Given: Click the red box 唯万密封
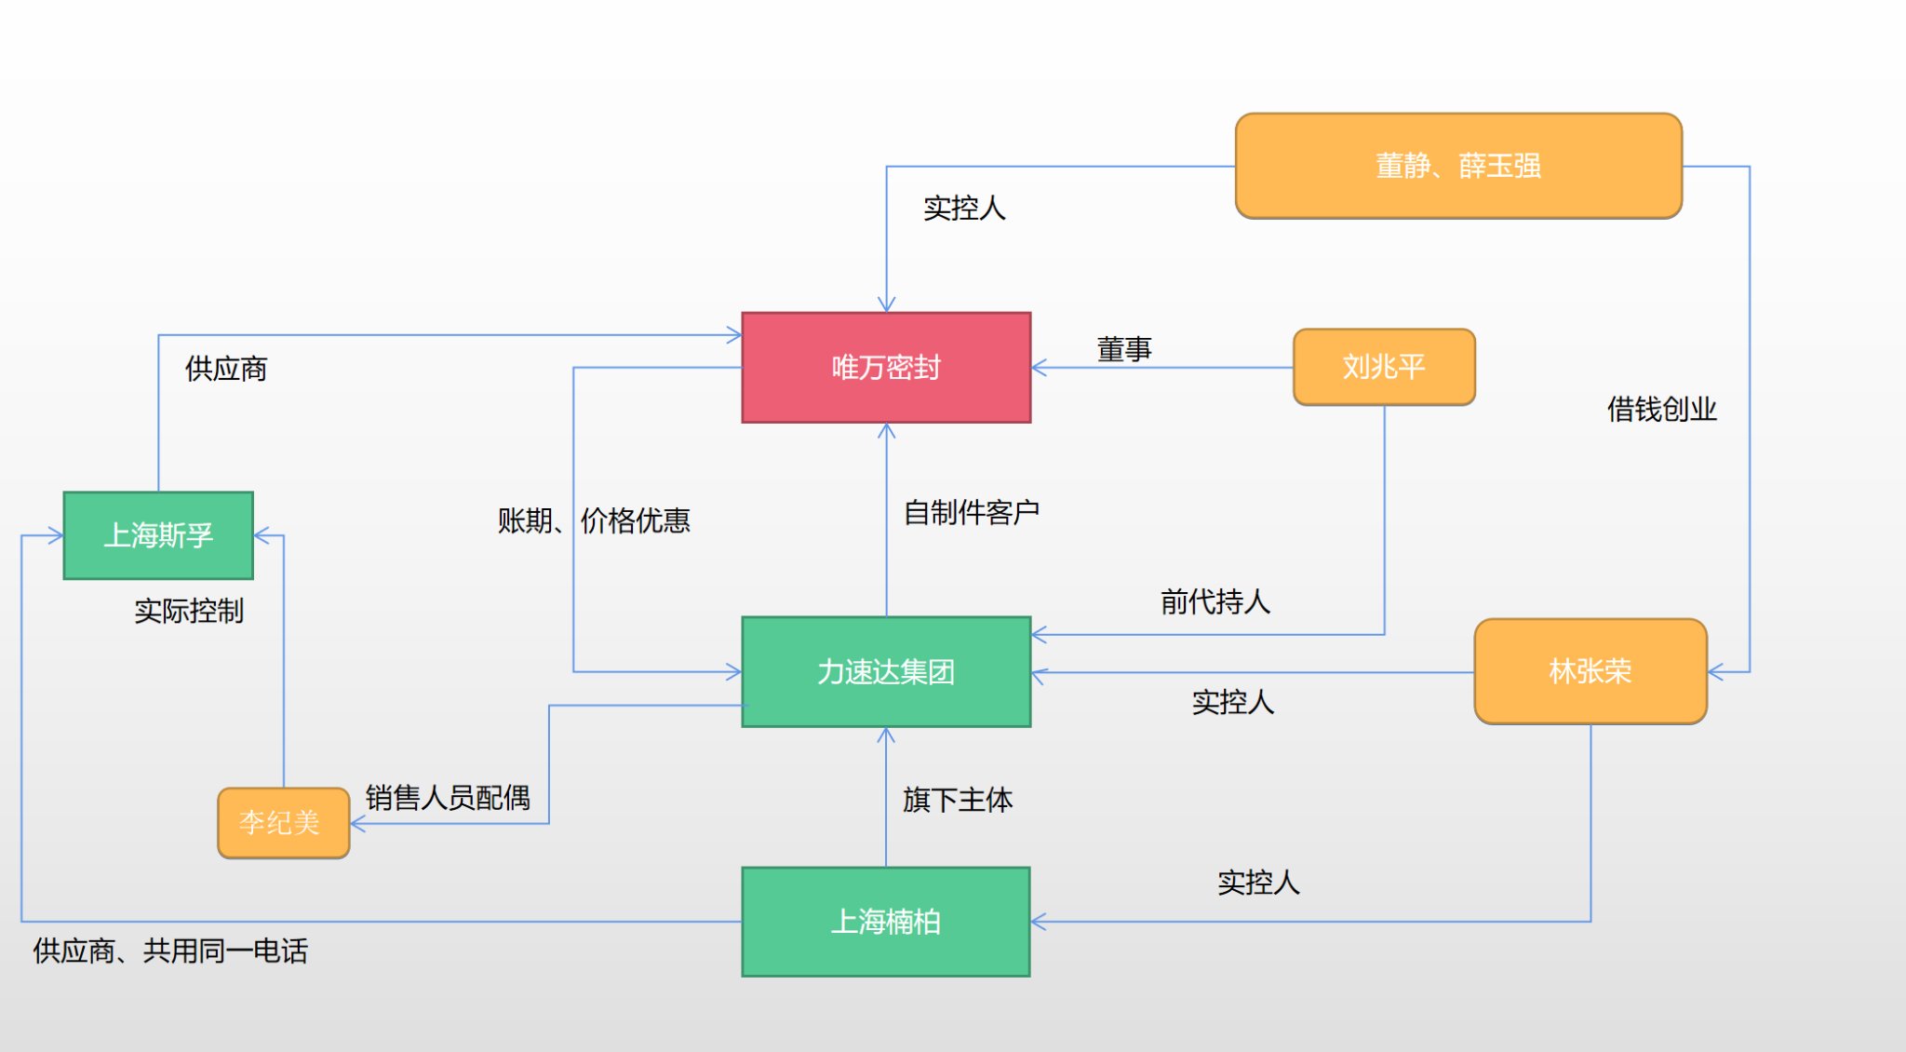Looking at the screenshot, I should pos(886,367).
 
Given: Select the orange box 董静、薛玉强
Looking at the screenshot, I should pos(1457,166).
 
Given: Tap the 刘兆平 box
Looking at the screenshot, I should pos(1384,367).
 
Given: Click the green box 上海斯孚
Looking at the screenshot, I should pos(158,535).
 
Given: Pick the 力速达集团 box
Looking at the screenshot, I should pos(886,671).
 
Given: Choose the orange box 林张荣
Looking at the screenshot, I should pos(1590,671).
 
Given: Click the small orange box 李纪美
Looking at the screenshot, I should pos(283,823).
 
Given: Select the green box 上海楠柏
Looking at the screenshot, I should pos(886,922).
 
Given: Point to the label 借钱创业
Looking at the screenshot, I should pos(1661,409).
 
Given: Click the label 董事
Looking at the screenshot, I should pos(1124,349).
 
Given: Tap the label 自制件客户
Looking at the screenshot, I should pos(971,512).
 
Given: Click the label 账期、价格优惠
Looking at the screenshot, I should pos(594,519).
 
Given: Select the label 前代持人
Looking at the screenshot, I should pos(1215,601).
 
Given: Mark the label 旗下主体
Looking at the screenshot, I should pos(957,800).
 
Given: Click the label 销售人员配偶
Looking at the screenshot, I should pos(448,798).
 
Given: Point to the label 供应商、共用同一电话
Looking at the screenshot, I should pos(170,951).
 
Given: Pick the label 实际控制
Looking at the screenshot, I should pos(189,611).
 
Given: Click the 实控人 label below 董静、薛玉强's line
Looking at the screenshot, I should pos(964,208).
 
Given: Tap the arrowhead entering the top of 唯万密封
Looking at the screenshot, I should pos(886,305).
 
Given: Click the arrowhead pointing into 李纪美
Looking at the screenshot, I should pos(358,824).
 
